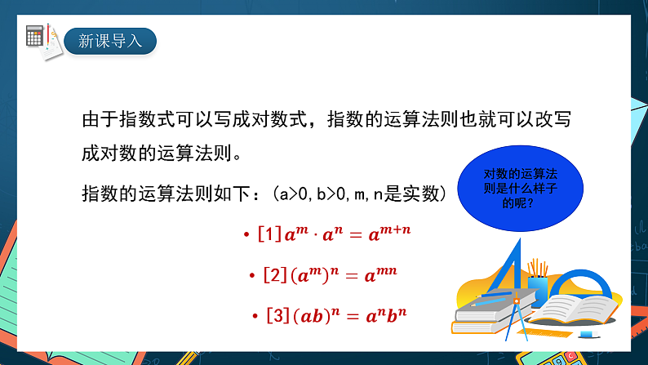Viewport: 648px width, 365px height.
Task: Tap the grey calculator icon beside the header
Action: pos(35,35)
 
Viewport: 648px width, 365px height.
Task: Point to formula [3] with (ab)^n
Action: pos(331,314)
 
